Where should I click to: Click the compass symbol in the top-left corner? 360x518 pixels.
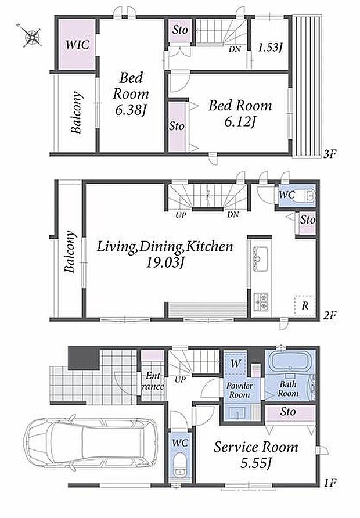click(x=32, y=35)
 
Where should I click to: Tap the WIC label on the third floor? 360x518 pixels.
click(x=78, y=45)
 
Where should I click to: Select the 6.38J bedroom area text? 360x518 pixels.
click(x=131, y=110)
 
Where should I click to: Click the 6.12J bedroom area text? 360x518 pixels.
click(x=240, y=122)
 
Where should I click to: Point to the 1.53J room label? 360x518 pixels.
click(x=270, y=48)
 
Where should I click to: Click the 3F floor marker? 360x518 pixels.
click(x=330, y=154)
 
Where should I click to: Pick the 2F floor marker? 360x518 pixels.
click(x=330, y=315)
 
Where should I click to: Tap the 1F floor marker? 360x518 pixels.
click(x=330, y=483)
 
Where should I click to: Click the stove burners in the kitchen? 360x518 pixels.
click(x=261, y=301)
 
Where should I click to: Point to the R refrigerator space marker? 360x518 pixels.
click(x=305, y=305)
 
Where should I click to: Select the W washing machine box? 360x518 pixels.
click(x=235, y=364)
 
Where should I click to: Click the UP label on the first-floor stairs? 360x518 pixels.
click(x=180, y=380)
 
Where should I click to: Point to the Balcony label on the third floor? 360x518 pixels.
click(x=77, y=112)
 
